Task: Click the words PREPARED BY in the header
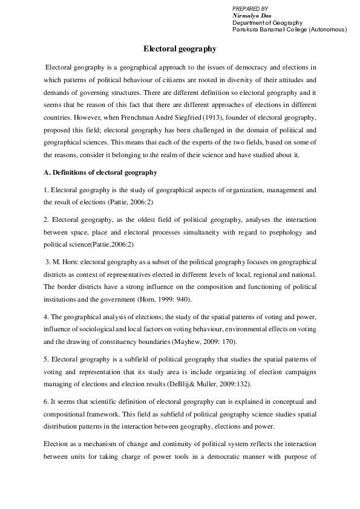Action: click(x=250, y=7)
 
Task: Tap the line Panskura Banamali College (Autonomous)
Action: click(x=289, y=29)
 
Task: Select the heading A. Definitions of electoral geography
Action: click(x=92, y=173)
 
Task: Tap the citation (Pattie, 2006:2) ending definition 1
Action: click(x=107, y=203)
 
